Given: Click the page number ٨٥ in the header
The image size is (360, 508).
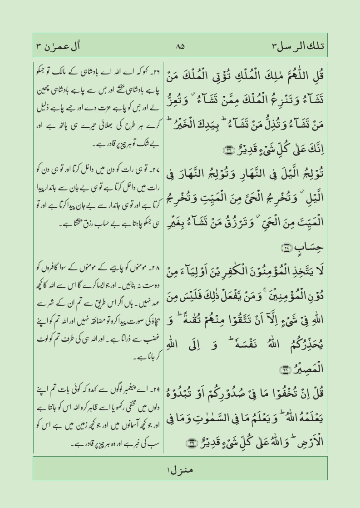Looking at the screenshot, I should (180, 46).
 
